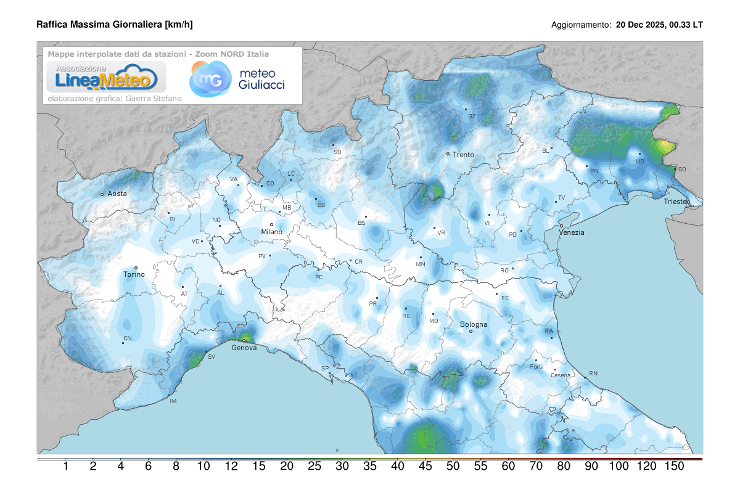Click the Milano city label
click(x=271, y=232)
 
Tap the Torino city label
click(x=134, y=274)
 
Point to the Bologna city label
click(x=474, y=324)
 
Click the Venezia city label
click(x=572, y=232)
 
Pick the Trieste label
click(x=676, y=202)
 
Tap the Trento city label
click(x=463, y=155)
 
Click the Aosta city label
click(x=117, y=194)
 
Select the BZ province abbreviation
click(x=472, y=117)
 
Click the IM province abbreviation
click(x=173, y=401)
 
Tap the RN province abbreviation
click(x=593, y=374)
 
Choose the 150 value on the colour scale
click(x=675, y=467)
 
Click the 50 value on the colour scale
click(x=453, y=467)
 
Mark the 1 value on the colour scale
click(x=65, y=467)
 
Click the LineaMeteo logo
click(x=103, y=77)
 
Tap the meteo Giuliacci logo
click(x=237, y=79)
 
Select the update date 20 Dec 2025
click(x=641, y=25)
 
